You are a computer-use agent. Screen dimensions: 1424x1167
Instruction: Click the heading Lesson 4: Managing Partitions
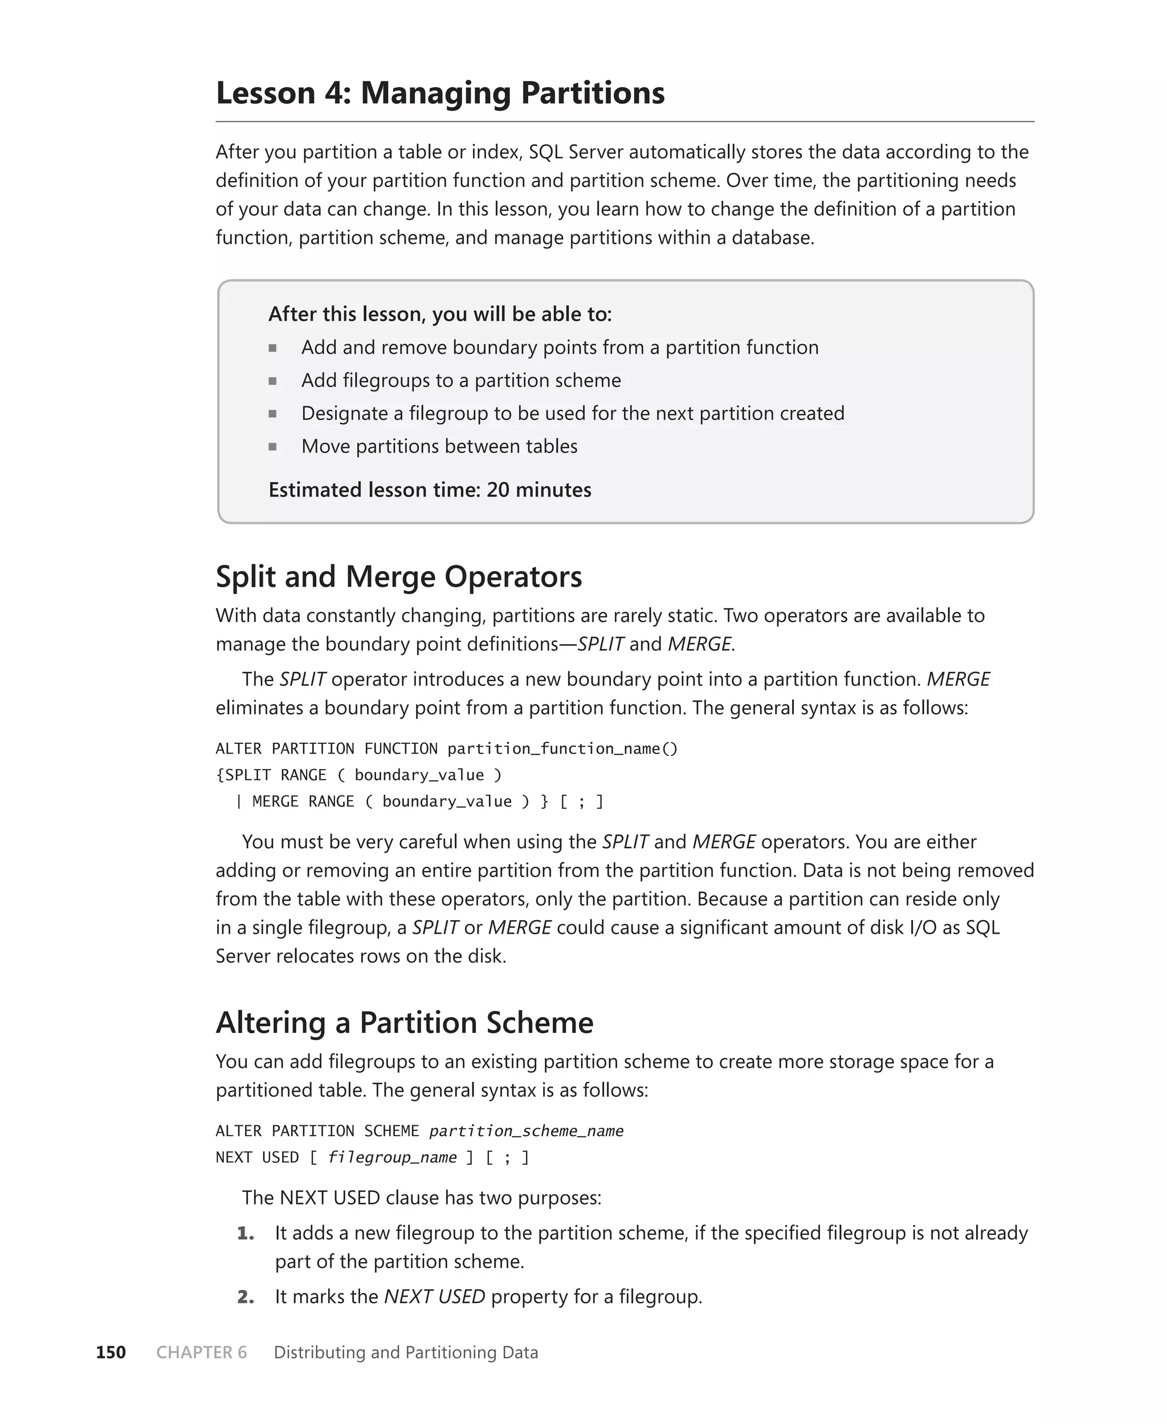[440, 93]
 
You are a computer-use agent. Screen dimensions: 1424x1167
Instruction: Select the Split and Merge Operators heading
[399, 577]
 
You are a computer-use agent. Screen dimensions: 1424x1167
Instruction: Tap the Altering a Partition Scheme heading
[404, 1023]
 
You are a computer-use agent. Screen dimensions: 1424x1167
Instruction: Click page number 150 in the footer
[111, 1352]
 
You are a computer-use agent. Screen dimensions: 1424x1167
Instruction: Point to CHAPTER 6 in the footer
[201, 1352]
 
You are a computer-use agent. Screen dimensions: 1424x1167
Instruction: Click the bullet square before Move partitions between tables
[272, 446]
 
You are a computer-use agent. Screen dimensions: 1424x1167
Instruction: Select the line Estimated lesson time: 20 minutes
[430, 490]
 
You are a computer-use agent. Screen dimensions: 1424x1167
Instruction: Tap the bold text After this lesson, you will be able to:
[440, 314]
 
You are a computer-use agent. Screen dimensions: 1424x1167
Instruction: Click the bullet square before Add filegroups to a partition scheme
[272, 381]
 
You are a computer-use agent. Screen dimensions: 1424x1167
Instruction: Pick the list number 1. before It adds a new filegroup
[246, 1233]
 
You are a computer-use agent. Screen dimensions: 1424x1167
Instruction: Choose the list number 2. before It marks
[246, 1296]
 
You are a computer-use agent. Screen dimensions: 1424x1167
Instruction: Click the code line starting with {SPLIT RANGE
[358, 775]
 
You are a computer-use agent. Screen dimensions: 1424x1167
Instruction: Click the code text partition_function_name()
[562, 749]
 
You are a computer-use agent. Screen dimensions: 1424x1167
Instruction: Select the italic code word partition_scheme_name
[526, 1131]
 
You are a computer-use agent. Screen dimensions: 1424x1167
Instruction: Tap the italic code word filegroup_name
[392, 1157]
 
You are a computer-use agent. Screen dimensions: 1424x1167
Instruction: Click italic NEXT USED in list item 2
[434, 1296]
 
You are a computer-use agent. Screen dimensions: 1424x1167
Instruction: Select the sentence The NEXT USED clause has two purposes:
[422, 1198]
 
